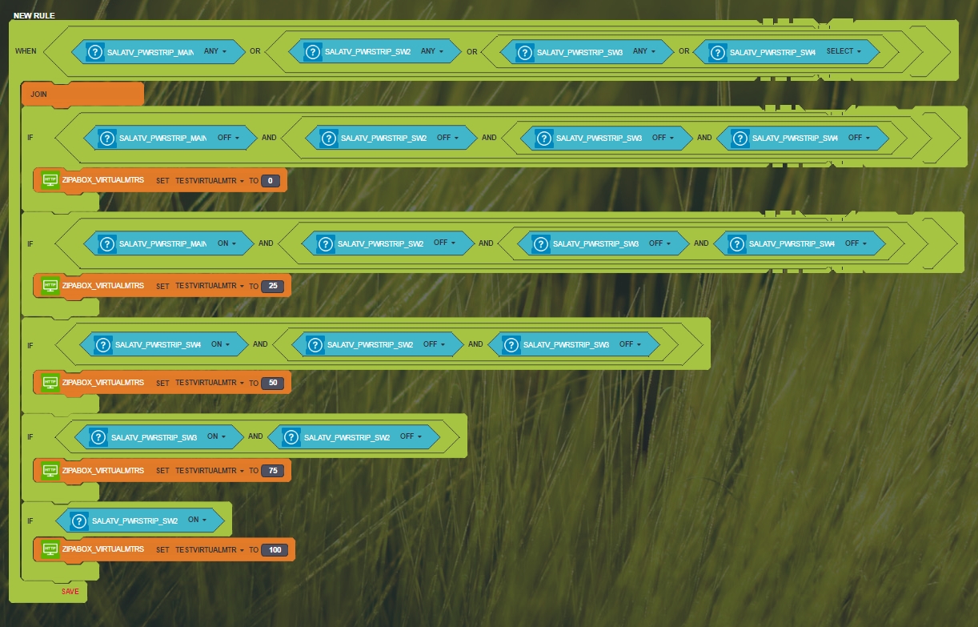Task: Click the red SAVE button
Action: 70,591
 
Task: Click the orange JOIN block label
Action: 38,94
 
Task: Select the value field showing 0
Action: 271,180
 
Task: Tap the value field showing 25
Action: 272,286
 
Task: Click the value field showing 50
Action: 272,383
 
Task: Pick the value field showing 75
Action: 272,471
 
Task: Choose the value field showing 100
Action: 275,549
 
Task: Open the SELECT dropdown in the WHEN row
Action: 844,51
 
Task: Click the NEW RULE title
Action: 34,15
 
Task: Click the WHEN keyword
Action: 26,51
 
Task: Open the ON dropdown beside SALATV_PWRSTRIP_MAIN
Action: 226,243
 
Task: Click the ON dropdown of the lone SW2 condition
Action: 197,520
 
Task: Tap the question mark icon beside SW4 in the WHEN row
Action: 717,52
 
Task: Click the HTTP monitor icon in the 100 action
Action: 50,549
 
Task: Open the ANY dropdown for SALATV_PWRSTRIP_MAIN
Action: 214,51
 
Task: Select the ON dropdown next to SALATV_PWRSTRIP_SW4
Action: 220,344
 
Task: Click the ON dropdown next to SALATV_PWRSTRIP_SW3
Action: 216,436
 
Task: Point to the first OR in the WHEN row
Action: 255,51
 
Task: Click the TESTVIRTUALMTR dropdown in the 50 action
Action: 210,383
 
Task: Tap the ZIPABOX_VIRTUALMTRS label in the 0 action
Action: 102,180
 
